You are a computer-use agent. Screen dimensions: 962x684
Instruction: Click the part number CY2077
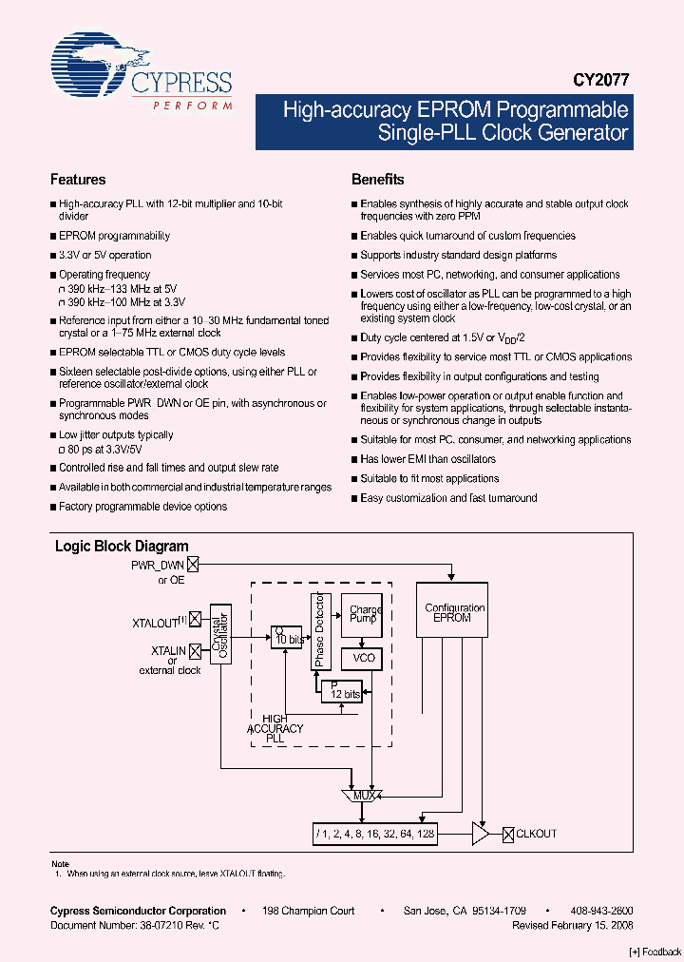tap(600, 83)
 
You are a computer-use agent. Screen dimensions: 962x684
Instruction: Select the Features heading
tap(78, 180)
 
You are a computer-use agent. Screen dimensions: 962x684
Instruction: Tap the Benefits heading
tap(377, 180)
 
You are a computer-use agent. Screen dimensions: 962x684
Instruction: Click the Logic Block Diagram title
tap(122, 547)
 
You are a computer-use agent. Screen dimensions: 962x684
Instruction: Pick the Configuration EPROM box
tap(454, 614)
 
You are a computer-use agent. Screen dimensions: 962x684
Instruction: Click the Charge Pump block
tap(365, 614)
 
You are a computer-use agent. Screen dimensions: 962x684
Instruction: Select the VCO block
tap(364, 658)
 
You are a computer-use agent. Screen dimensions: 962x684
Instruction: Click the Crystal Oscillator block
tap(220, 634)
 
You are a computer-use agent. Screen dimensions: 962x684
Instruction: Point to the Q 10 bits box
tap(286, 637)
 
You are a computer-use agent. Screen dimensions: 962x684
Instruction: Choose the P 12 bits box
tap(341, 691)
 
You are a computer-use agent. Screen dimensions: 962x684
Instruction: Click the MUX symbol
tap(363, 795)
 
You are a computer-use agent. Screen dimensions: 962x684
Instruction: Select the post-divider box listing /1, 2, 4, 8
tap(375, 834)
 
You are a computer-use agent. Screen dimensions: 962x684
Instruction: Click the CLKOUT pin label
tap(537, 834)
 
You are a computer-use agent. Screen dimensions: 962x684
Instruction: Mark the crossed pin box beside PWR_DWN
tap(194, 565)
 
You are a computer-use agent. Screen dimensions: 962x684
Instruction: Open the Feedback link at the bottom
tap(655, 952)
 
